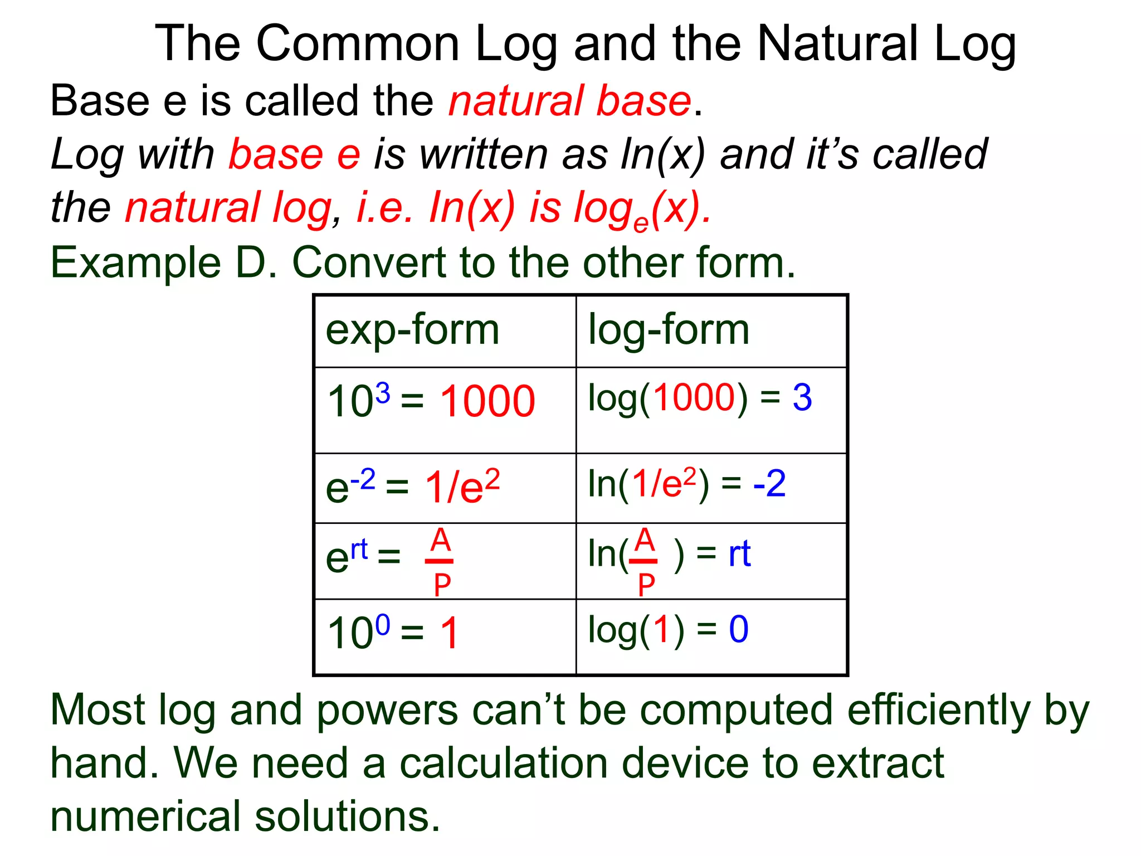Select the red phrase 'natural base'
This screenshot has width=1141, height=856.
(x=569, y=101)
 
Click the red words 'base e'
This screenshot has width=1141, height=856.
(x=295, y=154)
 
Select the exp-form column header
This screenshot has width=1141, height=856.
(x=412, y=330)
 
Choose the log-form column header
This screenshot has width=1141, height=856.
(x=669, y=330)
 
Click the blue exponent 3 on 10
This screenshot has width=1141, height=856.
(x=382, y=393)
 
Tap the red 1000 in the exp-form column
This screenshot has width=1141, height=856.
(x=487, y=401)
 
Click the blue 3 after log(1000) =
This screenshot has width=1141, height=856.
(x=802, y=398)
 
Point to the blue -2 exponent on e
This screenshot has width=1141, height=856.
(x=363, y=479)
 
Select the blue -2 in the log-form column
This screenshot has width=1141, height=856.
(x=769, y=484)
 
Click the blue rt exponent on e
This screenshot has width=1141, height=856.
(x=359, y=549)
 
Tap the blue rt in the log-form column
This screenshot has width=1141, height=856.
(x=739, y=554)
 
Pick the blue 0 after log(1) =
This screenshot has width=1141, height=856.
(x=739, y=630)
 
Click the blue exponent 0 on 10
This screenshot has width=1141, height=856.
(x=382, y=625)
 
